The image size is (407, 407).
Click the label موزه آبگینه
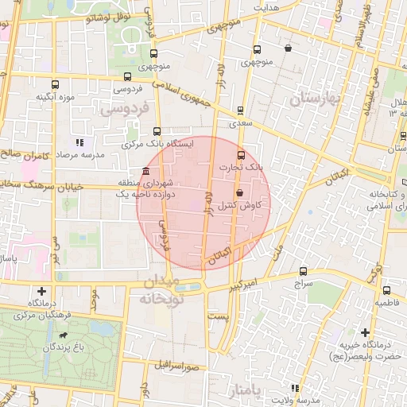click(x=55, y=97)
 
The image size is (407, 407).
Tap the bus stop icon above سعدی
click(x=240, y=110)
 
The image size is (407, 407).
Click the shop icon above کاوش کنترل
click(x=238, y=193)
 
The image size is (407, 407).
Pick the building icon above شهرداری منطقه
click(x=145, y=172)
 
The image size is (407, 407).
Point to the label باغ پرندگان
click(x=60, y=347)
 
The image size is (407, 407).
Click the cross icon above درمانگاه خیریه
click(x=365, y=332)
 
